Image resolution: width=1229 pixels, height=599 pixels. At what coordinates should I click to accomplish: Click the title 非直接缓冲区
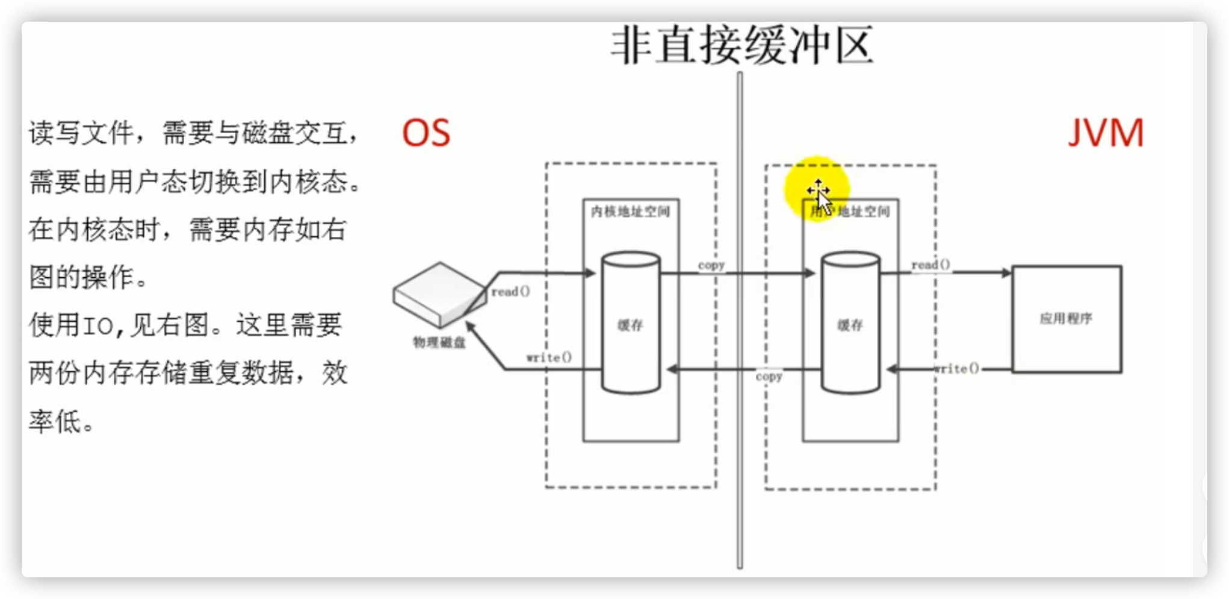pos(741,46)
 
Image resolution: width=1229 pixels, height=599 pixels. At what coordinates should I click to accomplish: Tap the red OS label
pos(426,133)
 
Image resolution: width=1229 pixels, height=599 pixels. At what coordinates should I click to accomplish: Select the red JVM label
pos(1105,133)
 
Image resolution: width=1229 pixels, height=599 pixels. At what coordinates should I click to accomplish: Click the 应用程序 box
pos(1066,319)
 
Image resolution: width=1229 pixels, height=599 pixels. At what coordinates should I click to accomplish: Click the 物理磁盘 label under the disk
pos(439,342)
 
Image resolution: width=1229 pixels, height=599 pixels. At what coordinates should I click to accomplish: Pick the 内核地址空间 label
pos(630,211)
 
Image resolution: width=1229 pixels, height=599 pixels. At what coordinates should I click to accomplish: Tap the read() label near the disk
pos(510,292)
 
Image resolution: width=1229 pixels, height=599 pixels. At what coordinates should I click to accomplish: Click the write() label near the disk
pos(549,357)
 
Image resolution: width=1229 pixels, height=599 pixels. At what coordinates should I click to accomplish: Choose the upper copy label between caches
pos(711,265)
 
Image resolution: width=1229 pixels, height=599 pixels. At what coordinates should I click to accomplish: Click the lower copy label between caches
pos(769,376)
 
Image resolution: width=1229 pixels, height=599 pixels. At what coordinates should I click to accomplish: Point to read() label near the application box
pos(930,265)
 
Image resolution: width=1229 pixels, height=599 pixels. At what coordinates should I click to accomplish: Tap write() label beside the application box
pos(956,368)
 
